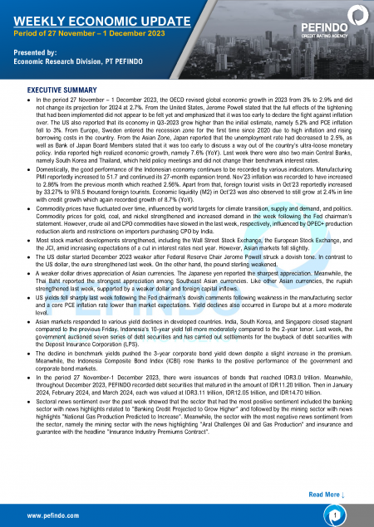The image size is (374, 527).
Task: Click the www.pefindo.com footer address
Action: pyautogui.click(x=53, y=515)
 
